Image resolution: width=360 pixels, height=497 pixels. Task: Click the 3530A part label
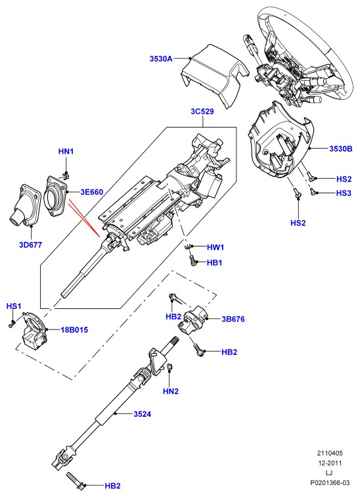click(x=161, y=59)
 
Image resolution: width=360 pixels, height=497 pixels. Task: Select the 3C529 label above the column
click(x=202, y=112)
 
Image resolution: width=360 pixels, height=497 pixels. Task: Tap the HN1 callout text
click(x=66, y=151)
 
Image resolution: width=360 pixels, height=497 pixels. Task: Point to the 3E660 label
click(x=91, y=192)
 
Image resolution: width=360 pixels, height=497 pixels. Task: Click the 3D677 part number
click(x=30, y=245)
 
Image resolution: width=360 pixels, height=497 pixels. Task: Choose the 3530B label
click(x=341, y=149)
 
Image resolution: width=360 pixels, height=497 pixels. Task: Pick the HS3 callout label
click(x=344, y=193)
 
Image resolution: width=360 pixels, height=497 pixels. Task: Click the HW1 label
click(x=215, y=247)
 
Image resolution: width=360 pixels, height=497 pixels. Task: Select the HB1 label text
click(x=214, y=263)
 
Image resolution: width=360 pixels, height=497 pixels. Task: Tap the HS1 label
click(x=14, y=306)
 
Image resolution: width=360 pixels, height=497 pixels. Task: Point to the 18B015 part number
click(x=74, y=330)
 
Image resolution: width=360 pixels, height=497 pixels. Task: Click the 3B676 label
click(x=233, y=319)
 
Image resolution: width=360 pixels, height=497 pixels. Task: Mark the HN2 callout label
click(x=171, y=391)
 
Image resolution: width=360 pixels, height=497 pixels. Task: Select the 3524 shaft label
click(x=142, y=414)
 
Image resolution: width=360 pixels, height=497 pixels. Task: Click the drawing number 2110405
click(x=330, y=453)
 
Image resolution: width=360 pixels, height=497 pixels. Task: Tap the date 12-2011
click(x=330, y=463)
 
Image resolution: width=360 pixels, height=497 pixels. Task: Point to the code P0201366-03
click(x=330, y=483)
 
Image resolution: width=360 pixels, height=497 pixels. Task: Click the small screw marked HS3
click(x=313, y=191)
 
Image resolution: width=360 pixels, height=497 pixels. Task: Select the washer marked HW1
click(x=188, y=247)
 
